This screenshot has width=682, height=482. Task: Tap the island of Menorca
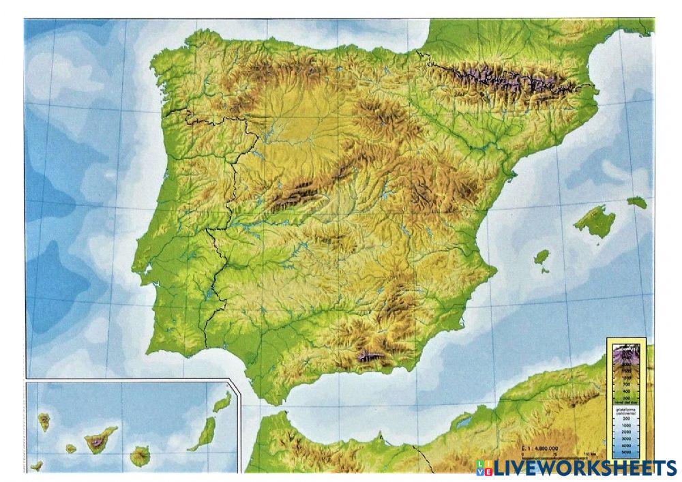(x=637, y=202)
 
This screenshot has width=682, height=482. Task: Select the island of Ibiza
(x=542, y=258)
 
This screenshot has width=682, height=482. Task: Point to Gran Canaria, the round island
(x=140, y=453)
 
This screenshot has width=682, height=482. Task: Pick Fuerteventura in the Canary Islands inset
(x=203, y=434)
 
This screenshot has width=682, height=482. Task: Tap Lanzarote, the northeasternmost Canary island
(x=222, y=402)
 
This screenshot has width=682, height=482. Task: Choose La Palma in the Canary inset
(x=44, y=421)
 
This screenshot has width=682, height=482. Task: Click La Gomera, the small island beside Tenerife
(x=71, y=449)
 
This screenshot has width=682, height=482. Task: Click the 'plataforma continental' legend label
(x=627, y=412)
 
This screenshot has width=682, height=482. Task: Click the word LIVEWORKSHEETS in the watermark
(x=586, y=468)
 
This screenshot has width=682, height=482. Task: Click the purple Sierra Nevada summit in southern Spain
(x=369, y=355)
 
